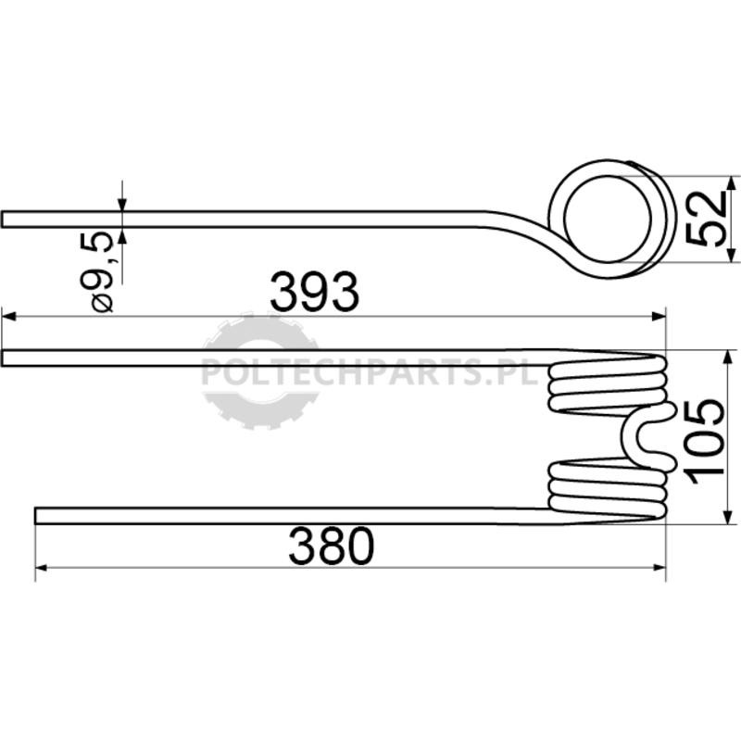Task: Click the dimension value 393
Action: pyautogui.click(x=315, y=292)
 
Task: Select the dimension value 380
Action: pyautogui.click(x=332, y=546)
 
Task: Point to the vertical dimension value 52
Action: pyautogui.click(x=707, y=219)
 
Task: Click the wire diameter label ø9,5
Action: pyautogui.click(x=97, y=272)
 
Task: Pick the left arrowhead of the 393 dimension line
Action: pyautogui.click(x=9, y=316)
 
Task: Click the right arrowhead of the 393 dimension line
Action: pyautogui.click(x=659, y=316)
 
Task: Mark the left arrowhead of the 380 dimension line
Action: pyautogui.click(x=42, y=567)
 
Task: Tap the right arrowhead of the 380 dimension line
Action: pyautogui.click(x=659, y=567)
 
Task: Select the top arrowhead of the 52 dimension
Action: pyautogui.click(x=732, y=183)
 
